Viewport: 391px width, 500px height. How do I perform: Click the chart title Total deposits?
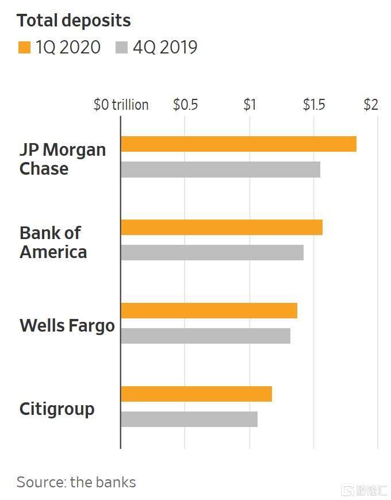(x=74, y=21)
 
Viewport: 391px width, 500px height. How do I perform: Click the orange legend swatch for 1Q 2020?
(x=24, y=47)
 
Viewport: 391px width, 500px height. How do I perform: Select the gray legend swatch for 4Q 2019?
(x=121, y=47)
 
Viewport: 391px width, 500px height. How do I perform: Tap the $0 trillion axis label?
(x=121, y=105)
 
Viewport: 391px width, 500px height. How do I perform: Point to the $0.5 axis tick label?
(x=185, y=105)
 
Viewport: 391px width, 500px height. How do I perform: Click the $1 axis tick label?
(x=250, y=105)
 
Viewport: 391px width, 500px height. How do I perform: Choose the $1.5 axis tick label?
(x=314, y=105)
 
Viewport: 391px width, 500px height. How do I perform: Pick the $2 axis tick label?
(x=371, y=105)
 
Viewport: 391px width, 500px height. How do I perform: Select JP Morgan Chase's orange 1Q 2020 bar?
(x=239, y=144)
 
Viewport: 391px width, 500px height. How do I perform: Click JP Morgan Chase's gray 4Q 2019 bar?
(x=221, y=170)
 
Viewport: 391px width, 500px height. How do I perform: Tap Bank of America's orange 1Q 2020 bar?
(x=221, y=228)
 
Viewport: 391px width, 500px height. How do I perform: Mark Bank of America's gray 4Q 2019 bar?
(x=212, y=252)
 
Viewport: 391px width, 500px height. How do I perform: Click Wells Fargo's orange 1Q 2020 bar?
(x=209, y=310)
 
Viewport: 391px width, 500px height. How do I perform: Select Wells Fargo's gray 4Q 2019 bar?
(x=206, y=336)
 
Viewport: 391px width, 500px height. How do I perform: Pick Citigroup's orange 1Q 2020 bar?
(x=197, y=394)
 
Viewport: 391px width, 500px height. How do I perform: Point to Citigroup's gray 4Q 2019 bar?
(x=189, y=419)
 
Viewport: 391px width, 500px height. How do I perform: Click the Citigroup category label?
(x=57, y=410)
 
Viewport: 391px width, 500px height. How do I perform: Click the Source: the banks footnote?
(x=76, y=482)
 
